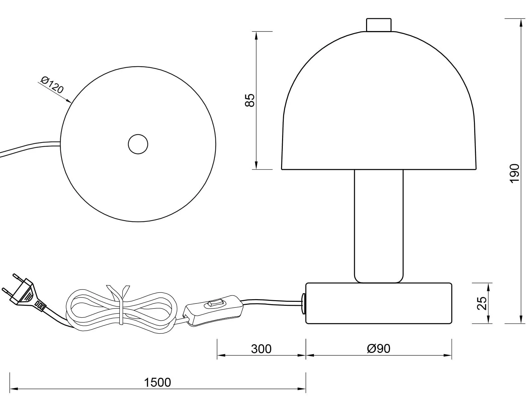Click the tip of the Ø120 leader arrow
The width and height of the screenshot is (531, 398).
pyautogui.click(x=71, y=103)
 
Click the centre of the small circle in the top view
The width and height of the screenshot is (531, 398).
pyautogui.click(x=138, y=144)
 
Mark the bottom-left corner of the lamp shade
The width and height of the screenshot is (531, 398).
pyautogui.click(x=281, y=169)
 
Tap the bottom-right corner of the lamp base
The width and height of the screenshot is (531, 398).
pyautogui.click(x=452, y=323)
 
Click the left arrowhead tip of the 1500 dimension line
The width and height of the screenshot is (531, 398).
pyautogui.click(x=10, y=389)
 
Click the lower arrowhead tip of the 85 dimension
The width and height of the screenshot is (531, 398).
pyautogui.click(x=256, y=169)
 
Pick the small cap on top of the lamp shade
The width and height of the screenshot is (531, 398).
pyautogui.click(x=379, y=25)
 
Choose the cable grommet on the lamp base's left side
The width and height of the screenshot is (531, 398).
pyautogui.click(x=304, y=303)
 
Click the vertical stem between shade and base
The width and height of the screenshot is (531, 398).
pyautogui.click(x=379, y=226)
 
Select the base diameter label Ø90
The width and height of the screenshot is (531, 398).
pyautogui.click(x=379, y=349)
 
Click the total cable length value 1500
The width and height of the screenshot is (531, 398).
pyautogui.click(x=158, y=382)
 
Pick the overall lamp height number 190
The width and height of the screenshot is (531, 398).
pyautogui.click(x=514, y=173)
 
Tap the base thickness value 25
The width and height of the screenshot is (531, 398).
pyautogui.click(x=482, y=303)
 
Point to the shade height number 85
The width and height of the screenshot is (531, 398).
pyautogui.click(x=250, y=100)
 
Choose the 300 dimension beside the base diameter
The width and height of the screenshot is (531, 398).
pyautogui.click(x=261, y=349)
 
